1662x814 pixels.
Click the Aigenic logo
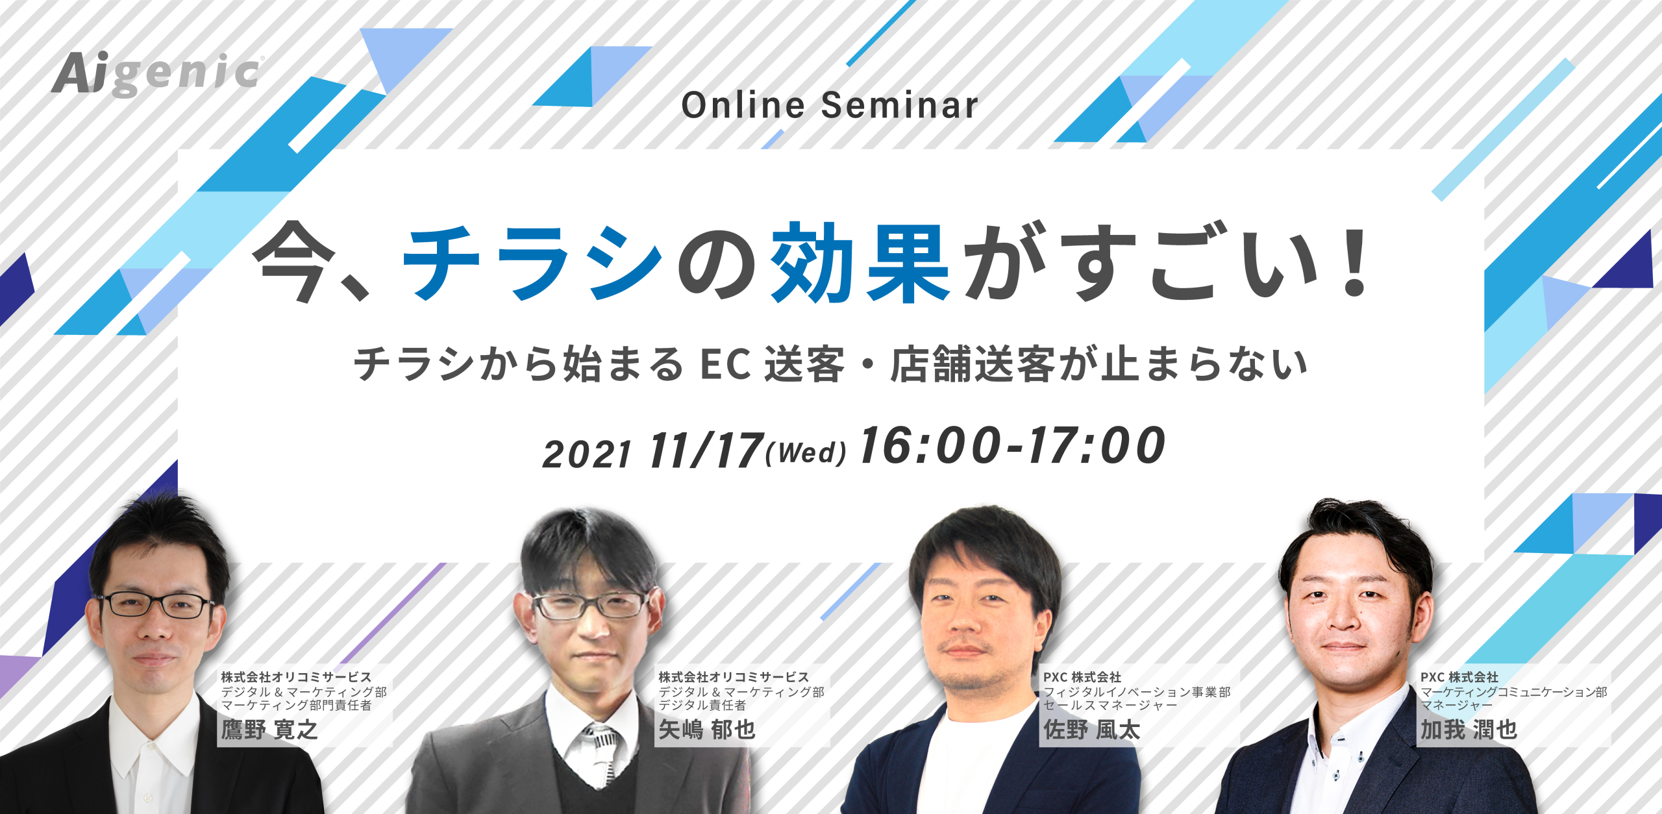click(157, 74)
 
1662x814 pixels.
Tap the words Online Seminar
click(830, 105)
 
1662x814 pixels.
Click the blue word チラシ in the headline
click(532, 262)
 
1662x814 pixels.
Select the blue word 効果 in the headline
click(860, 262)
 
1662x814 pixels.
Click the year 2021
click(587, 454)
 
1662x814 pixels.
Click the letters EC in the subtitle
click(725, 364)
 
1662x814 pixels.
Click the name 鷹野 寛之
click(269, 730)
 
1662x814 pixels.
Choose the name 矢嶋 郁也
click(707, 730)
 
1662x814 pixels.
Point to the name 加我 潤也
click(1469, 730)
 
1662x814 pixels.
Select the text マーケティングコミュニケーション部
click(1514, 692)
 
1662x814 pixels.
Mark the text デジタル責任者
click(702, 705)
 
